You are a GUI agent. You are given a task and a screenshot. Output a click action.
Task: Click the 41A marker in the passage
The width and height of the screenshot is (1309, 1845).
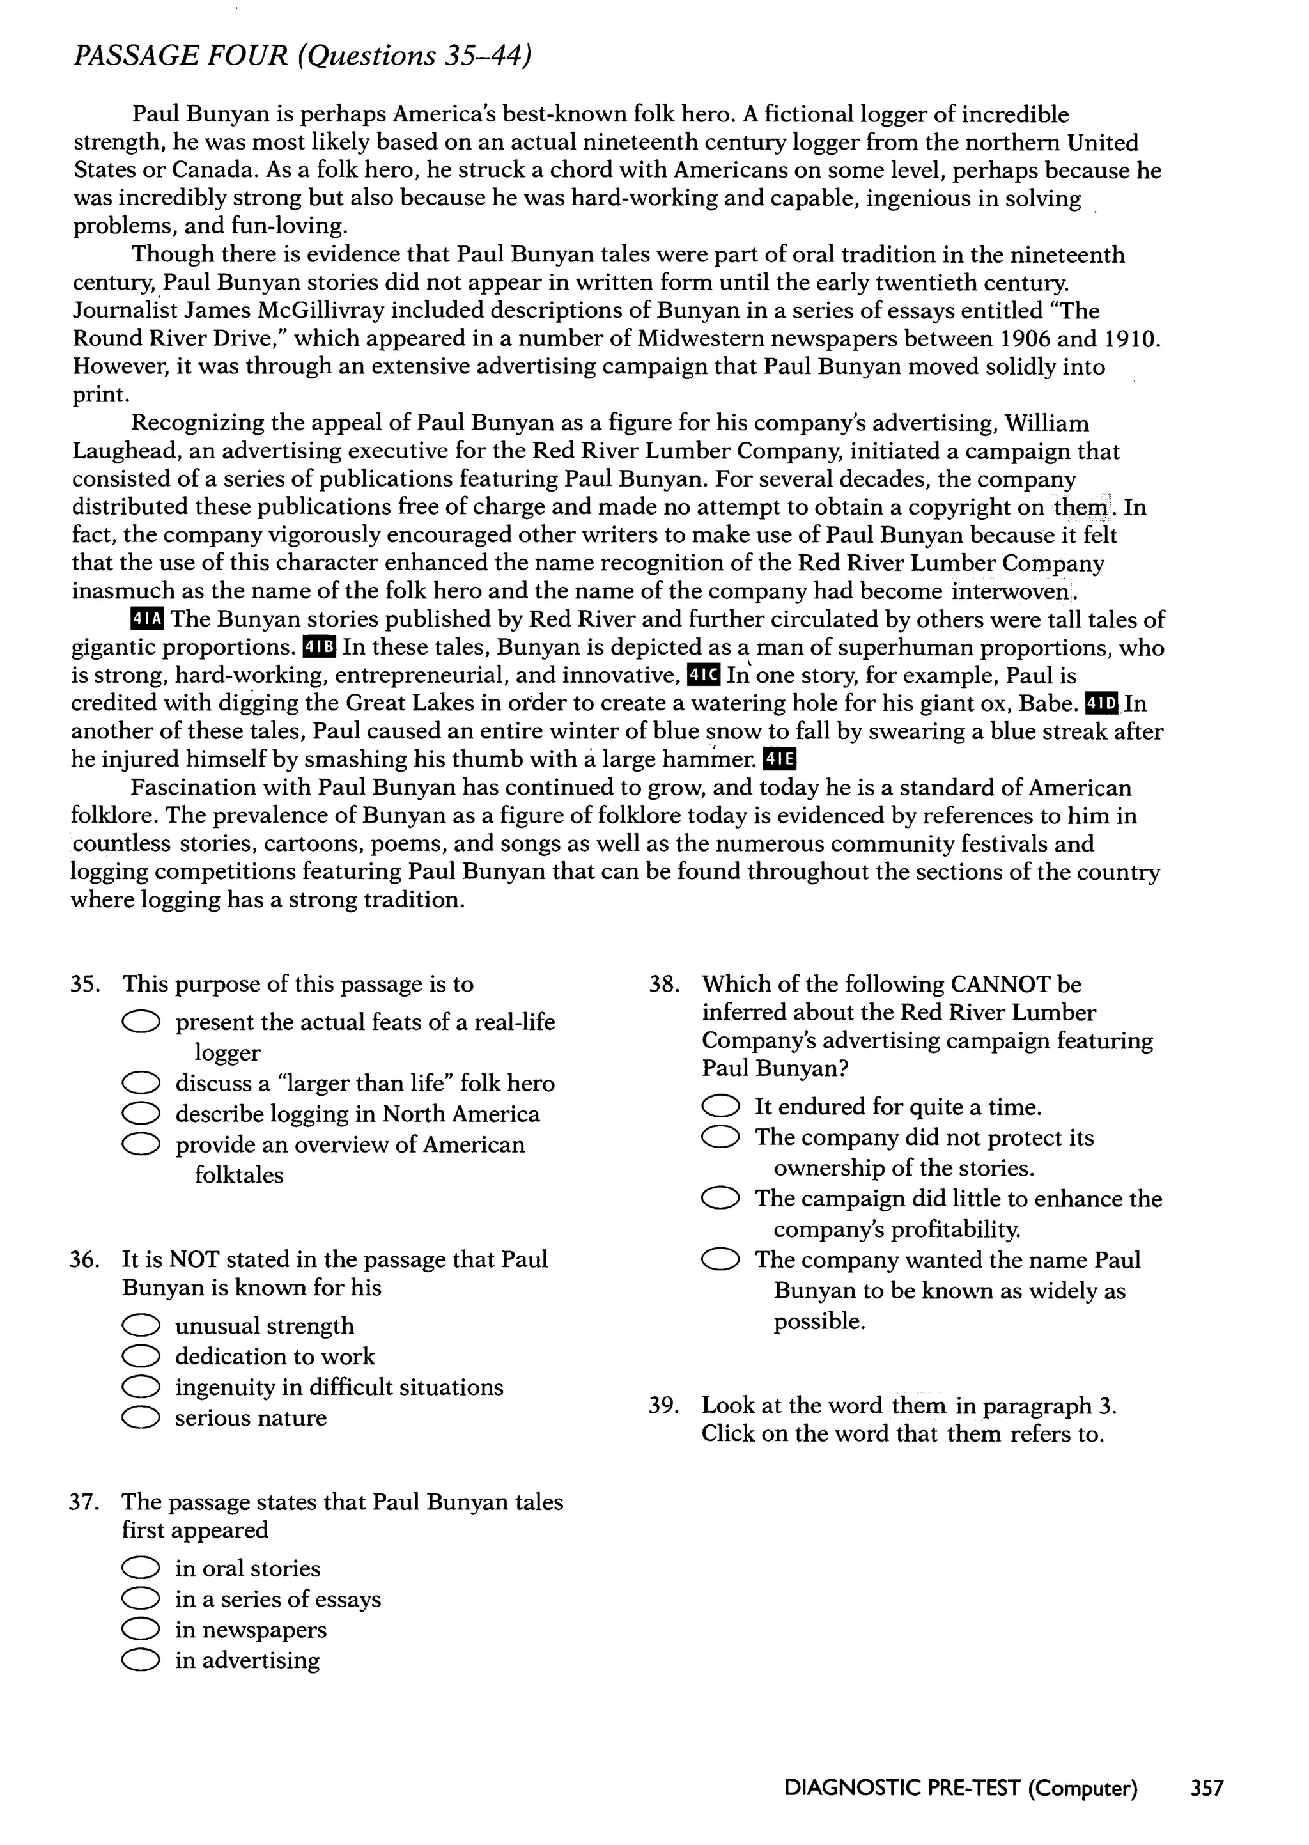(147, 619)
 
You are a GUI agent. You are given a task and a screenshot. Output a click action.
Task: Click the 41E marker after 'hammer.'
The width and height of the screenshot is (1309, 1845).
(778, 759)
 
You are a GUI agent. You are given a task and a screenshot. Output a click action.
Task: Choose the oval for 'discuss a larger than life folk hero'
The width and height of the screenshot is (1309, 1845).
(140, 1084)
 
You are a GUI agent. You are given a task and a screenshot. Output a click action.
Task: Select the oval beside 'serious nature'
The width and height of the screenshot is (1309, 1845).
(140, 1418)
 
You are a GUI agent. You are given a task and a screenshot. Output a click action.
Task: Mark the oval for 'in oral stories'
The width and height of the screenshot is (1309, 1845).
(140, 1569)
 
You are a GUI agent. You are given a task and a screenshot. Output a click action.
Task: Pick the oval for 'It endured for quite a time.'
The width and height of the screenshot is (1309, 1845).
(720, 1107)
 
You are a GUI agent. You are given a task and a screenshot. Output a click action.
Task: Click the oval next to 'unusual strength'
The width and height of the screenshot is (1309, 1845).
(140, 1326)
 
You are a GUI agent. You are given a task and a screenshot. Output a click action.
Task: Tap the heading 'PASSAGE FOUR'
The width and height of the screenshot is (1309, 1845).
(180, 56)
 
